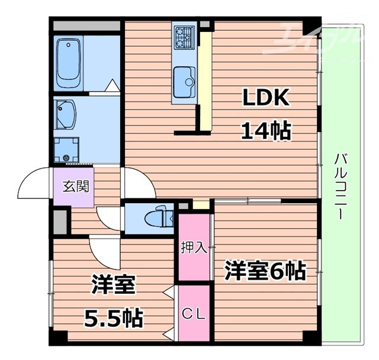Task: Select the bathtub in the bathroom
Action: pos(68,65)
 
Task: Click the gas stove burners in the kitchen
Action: pos(184,37)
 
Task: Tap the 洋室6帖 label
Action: pos(264,272)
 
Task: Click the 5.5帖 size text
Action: pos(113,318)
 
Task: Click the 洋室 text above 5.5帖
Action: pos(113,286)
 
